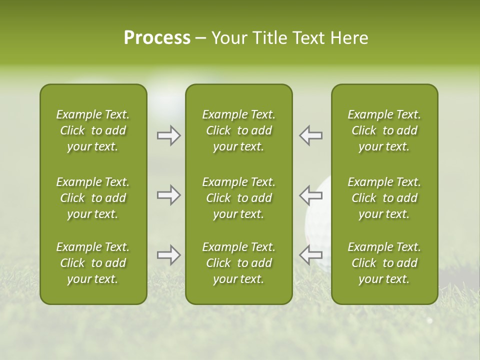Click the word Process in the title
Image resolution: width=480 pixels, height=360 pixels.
[x=157, y=38]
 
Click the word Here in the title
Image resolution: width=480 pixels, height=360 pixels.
[x=348, y=38]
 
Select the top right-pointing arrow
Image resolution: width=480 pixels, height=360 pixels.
[x=168, y=135]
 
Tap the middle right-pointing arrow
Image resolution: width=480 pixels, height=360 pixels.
[x=168, y=195]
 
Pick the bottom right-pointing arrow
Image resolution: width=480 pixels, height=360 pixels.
[x=168, y=255]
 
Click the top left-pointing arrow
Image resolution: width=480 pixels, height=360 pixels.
[x=310, y=135]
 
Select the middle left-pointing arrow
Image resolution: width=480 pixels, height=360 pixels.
[x=310, y=195]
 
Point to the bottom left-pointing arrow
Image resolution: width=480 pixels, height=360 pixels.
[x=310, y=255]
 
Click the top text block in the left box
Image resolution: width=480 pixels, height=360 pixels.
[x=93, y=130]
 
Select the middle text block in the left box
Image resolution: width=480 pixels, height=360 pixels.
[x=93, y=198]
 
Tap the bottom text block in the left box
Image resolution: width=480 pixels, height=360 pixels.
[x=93, y=263]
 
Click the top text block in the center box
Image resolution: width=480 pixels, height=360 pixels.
[x=238, y=130]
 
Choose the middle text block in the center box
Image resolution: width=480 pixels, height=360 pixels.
[x=238, y=198]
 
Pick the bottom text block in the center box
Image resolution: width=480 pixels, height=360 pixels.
[x=238, y=263]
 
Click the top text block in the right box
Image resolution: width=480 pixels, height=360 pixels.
[x=384, y=130]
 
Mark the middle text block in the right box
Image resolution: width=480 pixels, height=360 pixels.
[x=384, y=198]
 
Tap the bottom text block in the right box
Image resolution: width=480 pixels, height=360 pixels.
[x=384, y=263]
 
